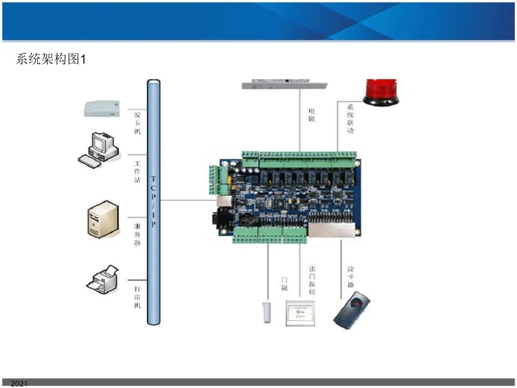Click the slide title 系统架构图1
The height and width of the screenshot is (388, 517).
51,59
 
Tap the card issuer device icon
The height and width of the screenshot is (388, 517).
101,108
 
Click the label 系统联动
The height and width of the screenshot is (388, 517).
350,120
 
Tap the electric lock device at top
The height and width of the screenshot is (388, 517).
284,84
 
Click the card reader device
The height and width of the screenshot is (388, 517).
353,310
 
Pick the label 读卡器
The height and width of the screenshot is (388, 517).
350,276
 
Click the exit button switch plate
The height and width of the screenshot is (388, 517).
301,313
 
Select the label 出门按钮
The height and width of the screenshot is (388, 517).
312,280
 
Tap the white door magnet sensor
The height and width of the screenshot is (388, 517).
266,312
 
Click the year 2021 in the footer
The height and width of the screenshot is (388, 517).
19,384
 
